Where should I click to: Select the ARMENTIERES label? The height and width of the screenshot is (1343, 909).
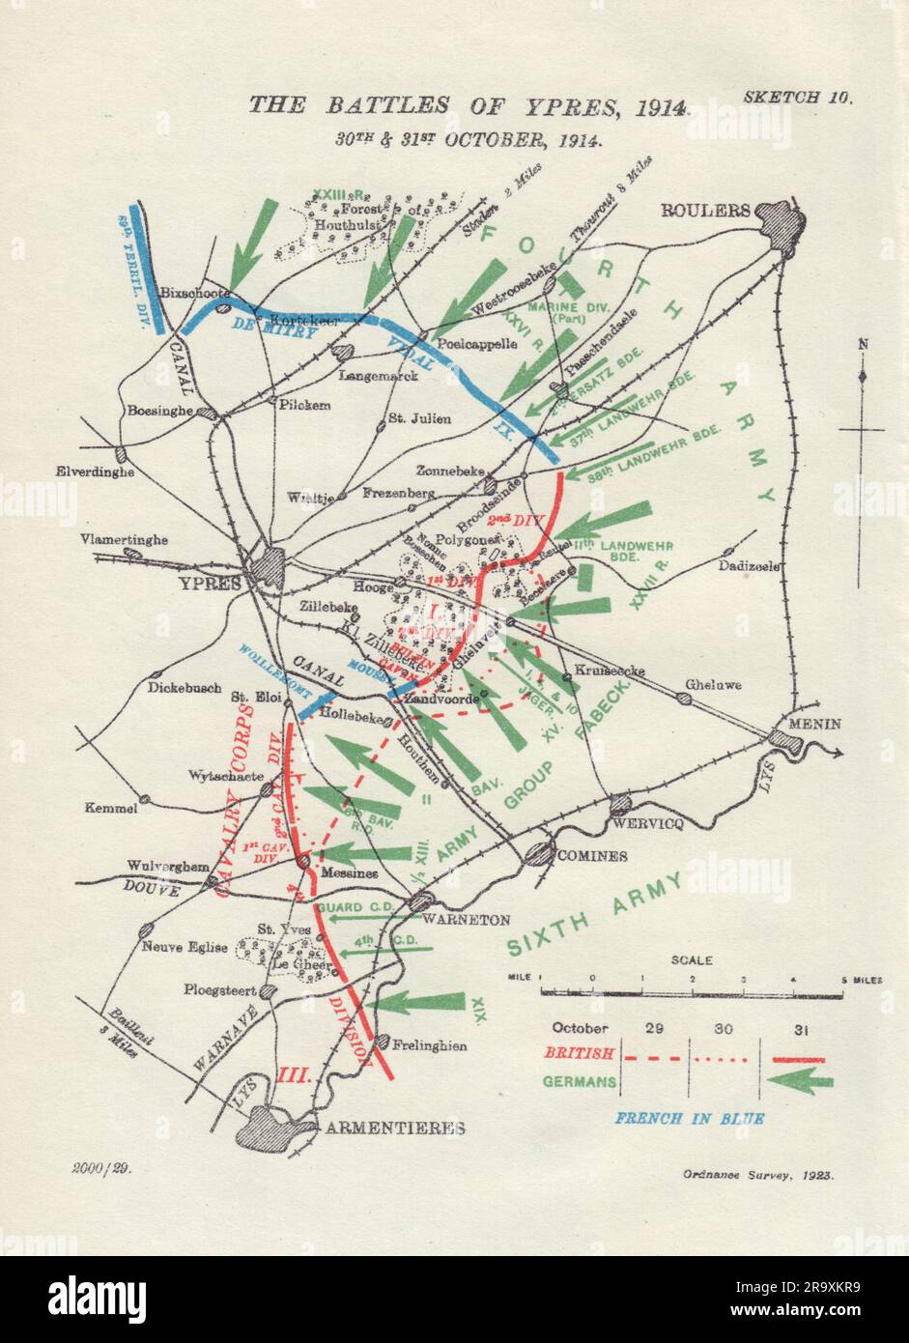[x=394, y=1128]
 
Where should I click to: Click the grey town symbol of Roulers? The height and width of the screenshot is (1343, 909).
[x=781, y=225]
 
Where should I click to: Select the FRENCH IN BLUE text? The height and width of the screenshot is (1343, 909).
[x=690, y=1118]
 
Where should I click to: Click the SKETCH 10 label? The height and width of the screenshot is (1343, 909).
[x=799, y=98]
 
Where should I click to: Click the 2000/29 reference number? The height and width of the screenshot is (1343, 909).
[x=100, y=1167]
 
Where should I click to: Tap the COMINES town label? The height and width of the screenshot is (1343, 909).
[x=590, y=855]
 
